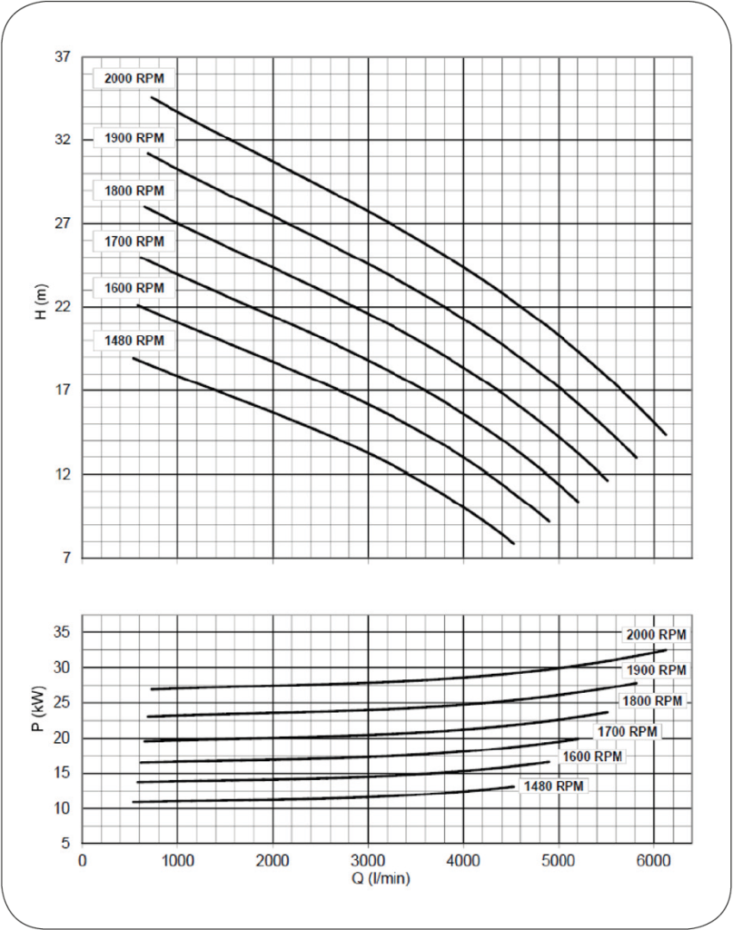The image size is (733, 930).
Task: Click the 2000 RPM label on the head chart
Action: pos(134,78)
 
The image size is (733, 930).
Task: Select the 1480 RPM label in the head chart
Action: pos(134,341)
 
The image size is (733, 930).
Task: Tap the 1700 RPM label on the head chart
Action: pos(134,242)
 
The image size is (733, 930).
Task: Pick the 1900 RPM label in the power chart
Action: pos(653,670)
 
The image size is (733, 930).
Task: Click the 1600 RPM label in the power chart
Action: pos(592,757)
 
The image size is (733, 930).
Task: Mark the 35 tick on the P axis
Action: pos(64,633)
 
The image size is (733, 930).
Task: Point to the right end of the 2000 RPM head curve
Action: pos(666,434)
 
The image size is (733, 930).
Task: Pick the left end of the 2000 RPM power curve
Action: pos(152,689)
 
